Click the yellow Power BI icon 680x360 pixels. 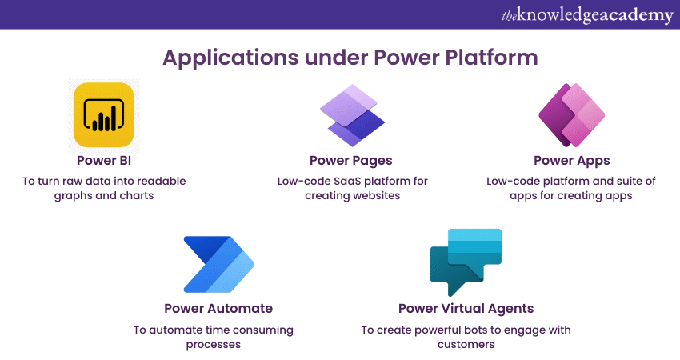[x=104, y=115]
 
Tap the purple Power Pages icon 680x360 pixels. [x=352, y=115]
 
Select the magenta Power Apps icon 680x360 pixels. [x=571, y=115]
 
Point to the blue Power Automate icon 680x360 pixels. [x=218, y=264]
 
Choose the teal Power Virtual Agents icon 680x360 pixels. [x=466, y=262]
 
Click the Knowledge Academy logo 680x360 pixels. [x=587, y=15]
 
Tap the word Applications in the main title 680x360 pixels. [x=230, y=58]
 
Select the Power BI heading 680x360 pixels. [x=104, y=161]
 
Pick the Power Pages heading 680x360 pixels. [x=351, y=161]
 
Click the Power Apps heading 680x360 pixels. [x=571, y=161]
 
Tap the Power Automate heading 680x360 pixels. [x=218, y=308]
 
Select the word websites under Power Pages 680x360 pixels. [x=374, y=196]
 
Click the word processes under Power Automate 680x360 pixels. [x=214, y=345]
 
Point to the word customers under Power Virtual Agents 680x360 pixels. [x=466, y=345]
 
